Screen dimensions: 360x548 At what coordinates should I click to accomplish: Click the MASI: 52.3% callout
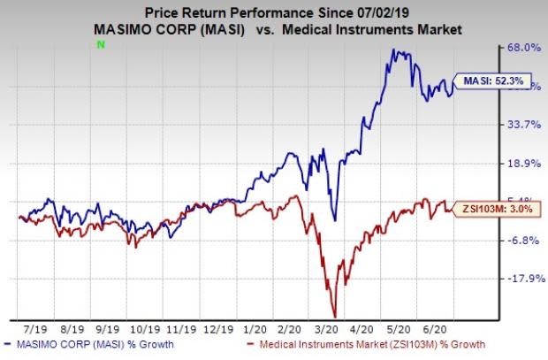pyautogui.click(x=491, y=82)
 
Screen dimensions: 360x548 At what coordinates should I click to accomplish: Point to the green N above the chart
pyautogui.click(x=102, y=45)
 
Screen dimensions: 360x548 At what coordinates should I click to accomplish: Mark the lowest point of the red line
pyautogui.click(x=335, y=317)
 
